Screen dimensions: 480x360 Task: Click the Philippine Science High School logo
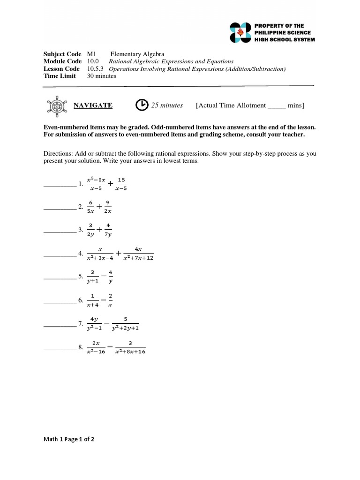240,32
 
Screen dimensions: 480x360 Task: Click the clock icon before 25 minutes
142,105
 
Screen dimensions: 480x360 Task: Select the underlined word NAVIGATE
93,105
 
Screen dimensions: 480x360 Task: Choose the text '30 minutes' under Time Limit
102,76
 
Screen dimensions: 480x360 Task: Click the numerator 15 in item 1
121,180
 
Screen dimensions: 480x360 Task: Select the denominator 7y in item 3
108,234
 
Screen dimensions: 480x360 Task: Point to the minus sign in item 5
103,276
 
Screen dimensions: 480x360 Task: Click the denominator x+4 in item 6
93,305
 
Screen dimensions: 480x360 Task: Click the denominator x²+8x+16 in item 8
130,352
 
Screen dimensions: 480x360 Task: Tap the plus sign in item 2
99,206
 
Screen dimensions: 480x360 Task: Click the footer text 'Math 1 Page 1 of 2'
69,439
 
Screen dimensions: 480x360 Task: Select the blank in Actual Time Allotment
277,106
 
